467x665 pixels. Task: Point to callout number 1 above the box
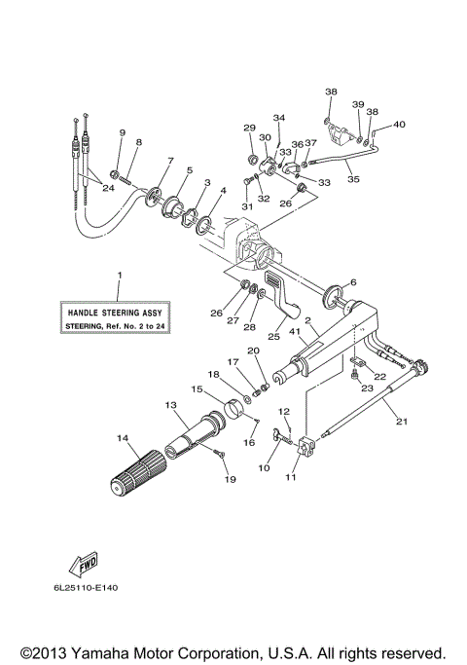(119, 276)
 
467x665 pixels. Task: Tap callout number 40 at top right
(399, 124)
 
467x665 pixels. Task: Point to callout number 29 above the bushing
(249, 128)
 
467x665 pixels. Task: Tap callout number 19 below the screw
(230, 479)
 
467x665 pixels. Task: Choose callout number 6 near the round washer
(353, 282)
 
